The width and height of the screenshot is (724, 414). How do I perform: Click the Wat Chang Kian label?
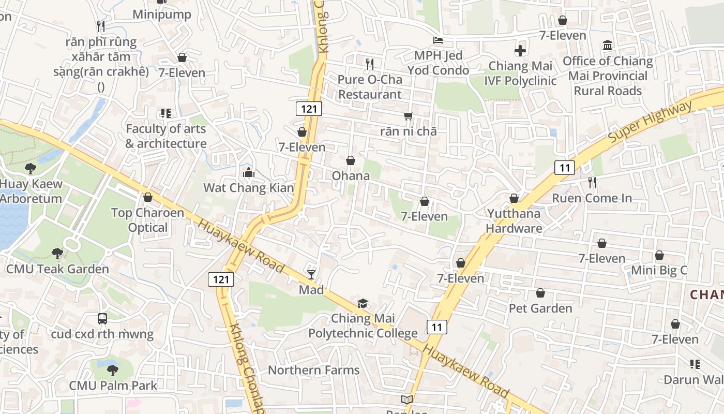[248, 187]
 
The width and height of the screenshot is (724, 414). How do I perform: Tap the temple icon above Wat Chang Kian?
[249, 172]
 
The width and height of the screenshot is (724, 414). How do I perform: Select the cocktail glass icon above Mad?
[311, 274]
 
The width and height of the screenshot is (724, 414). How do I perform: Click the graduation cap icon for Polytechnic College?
[363, 304]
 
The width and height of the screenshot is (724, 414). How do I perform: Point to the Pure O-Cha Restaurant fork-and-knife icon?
[370, 64]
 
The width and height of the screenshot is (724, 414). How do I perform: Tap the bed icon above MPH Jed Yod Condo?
[438, 40]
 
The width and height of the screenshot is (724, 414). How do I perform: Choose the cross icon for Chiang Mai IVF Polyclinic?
[520, 51]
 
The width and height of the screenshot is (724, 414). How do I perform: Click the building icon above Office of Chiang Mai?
[608, 46]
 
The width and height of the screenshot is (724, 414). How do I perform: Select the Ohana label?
[351, 176]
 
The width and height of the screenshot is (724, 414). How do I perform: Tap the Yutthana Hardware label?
[514, 221]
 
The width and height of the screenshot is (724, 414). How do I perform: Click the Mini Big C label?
[659, 270]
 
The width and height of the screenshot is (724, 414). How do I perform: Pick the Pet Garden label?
[540, 308]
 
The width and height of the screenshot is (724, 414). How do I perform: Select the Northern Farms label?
[313, 370]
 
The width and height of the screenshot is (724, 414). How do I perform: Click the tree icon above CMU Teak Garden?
[57, 254]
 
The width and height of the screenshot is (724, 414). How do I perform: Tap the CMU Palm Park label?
[113, 386]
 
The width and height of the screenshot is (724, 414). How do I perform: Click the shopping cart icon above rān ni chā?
[409, 116]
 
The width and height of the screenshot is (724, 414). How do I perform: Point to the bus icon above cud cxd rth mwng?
[102, 319]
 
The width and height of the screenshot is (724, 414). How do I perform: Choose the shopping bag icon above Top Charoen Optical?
[148, 197]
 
